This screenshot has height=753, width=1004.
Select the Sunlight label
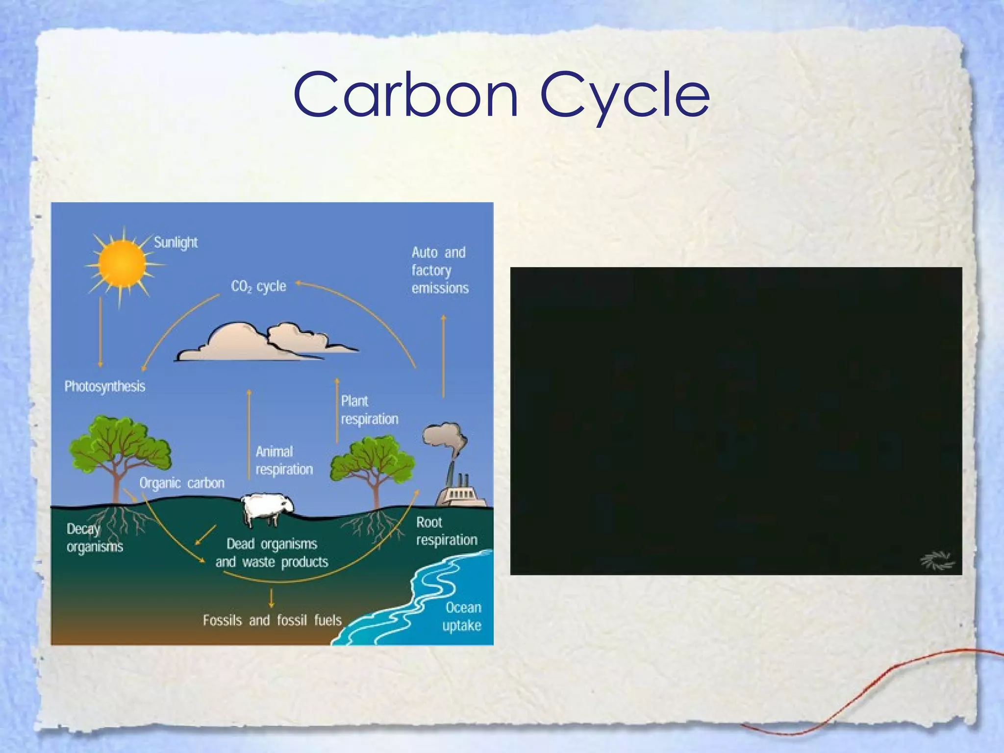click(x=176, y=242)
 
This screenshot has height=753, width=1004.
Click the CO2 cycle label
click(x=258, y=286)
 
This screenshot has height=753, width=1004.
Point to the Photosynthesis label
click(x=105, y=386)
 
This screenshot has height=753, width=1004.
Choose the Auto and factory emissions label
click(x=439, y=270)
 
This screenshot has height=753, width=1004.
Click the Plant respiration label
click(x=369, y=410)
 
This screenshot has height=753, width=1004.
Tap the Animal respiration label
click(x=284, y=460)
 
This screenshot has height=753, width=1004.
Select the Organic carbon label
click(x=182, y=483)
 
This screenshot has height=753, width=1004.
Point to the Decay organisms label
click(x=94, y=538)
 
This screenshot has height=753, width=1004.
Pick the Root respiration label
click(x=446, y=531)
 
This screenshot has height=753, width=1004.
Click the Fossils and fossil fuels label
click(x=272, y=620)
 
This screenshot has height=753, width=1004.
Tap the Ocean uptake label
click(x=462, y=616)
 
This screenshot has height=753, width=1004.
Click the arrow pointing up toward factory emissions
click(x=444, y=355)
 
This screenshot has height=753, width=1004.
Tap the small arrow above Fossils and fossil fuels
click(x=271, y=598)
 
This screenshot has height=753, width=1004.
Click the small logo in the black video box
click(x=937, y=561)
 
